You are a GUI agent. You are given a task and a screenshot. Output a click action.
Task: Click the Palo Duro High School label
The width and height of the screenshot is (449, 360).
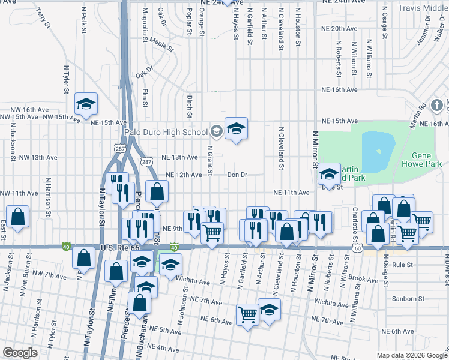click(x=165, y=132)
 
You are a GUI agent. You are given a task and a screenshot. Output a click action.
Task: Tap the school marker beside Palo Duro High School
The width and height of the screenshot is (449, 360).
click(x=236, y=128)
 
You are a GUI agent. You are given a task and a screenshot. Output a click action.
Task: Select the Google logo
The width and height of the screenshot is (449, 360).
click(x=20, y=352)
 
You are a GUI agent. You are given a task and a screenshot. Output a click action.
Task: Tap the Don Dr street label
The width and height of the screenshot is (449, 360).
click(x=237, y=175)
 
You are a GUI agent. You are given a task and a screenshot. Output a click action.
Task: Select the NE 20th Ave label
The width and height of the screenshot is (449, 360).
click(x=340, y=28)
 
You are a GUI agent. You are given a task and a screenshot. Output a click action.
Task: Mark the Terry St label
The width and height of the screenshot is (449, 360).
click(x=40, y=15)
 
